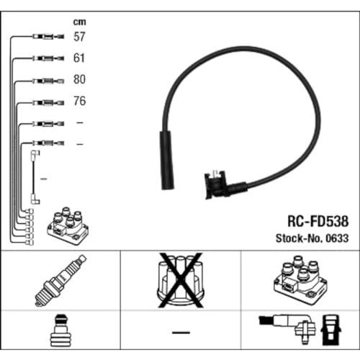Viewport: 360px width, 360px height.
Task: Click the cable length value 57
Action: [79, 37]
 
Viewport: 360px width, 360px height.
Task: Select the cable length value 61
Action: [79, 58]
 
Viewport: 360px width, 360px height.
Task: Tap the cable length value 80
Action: [79, 79]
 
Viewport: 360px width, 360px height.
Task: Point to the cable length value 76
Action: [80, 101]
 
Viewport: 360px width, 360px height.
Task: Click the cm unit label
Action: [79, 22]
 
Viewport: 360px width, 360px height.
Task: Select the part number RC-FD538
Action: [318, 221]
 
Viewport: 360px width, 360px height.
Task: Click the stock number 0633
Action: [337, 238]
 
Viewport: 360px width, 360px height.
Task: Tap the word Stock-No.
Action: [300, 238]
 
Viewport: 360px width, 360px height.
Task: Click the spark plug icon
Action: [60, 280]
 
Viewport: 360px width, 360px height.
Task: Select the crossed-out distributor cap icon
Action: [181, 280]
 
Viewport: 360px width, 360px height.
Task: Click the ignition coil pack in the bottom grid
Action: [300, 280]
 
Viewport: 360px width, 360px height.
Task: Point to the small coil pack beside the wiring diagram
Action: [68, 226]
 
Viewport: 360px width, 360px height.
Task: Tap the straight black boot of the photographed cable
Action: [167, 160]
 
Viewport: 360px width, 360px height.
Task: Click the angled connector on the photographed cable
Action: [221, 185]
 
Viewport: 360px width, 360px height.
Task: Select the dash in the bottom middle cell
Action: [181, 333]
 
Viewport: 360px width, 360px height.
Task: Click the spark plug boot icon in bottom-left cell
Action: [60, 330]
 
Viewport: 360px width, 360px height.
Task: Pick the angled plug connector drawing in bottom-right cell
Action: [288, 326]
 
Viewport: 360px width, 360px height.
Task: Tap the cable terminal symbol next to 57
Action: [48, 37]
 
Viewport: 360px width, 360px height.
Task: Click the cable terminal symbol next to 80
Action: [48, 81]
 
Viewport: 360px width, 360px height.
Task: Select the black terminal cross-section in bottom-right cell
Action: [330, 330]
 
